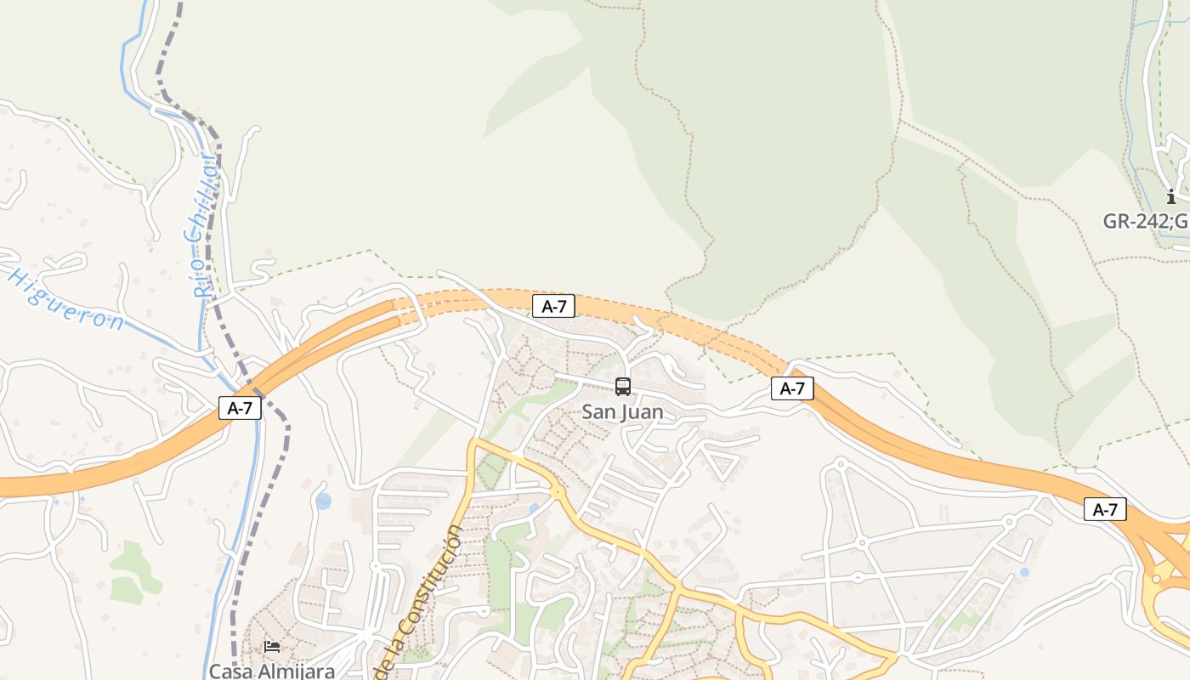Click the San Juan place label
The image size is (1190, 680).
622,412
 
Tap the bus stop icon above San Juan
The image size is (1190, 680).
623,387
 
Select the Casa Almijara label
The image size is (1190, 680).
272,671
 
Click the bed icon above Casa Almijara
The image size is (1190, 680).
272,646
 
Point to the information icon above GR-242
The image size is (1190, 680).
1171,196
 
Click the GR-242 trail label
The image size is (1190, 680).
1146,221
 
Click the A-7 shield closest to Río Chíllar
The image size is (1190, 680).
240,408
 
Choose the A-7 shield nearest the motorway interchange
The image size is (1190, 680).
1105,510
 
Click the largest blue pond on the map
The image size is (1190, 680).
323,501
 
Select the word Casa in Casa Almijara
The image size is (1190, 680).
230,671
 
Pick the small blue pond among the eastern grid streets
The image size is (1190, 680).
1024,572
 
